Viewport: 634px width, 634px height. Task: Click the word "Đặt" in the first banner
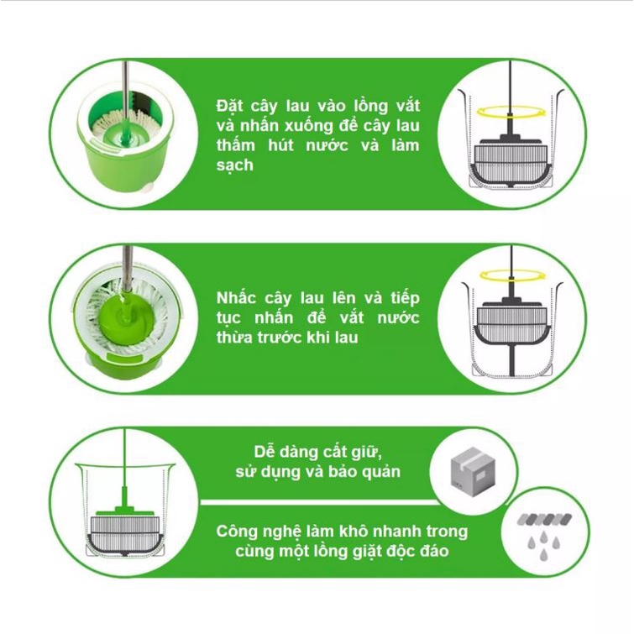[229, 107]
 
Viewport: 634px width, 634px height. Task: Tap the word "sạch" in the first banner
[235, 165]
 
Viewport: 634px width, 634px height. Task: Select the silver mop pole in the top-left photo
[127, 92]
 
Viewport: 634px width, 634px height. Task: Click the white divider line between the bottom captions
[320, 503]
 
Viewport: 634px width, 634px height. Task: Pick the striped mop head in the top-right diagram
[511, 163]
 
